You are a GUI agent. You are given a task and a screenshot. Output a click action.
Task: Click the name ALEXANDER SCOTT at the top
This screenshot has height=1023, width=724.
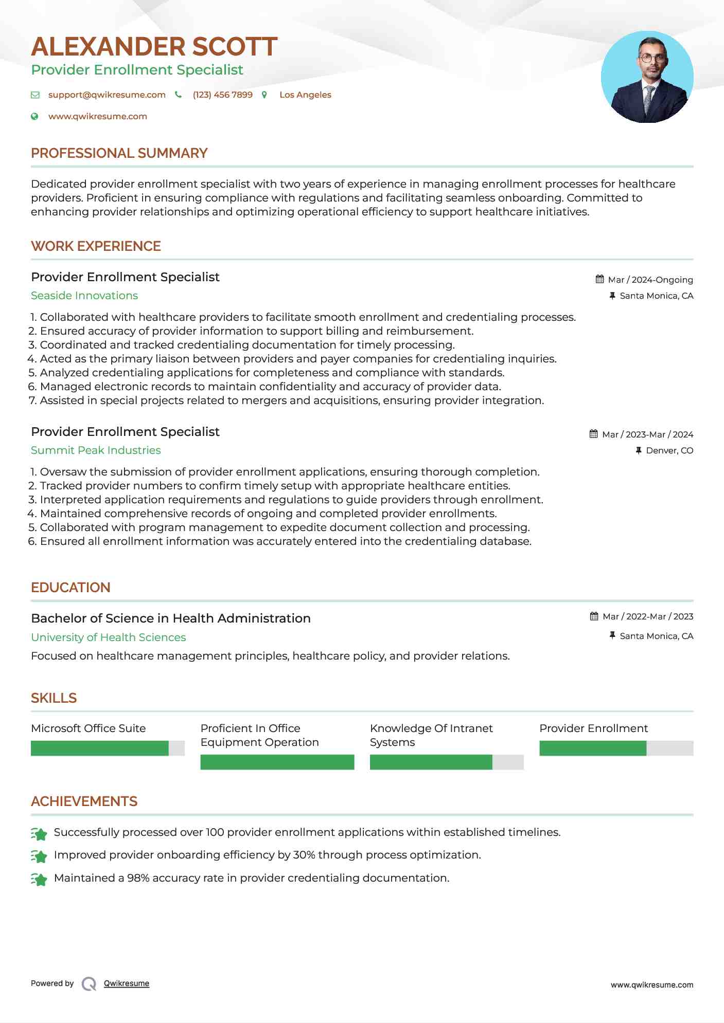[x=154, y=47]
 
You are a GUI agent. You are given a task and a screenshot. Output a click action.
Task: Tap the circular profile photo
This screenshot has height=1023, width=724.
[x=647, y=77]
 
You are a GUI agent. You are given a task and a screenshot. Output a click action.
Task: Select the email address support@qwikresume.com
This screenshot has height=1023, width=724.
[x=107, y=95]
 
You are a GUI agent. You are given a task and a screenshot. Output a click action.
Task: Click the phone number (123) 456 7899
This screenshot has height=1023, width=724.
[x=222, y=95]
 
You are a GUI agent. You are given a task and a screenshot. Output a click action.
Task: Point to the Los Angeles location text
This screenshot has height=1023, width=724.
[x=305, y=95]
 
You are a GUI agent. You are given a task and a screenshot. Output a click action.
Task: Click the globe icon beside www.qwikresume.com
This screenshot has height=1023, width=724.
[x=35, y=117]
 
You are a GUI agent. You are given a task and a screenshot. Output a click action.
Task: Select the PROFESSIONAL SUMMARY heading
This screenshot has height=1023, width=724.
[x=119, y=153]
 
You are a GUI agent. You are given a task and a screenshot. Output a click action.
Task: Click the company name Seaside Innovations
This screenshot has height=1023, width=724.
[x=84, y=296]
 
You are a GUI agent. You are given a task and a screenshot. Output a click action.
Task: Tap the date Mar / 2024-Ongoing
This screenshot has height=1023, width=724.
[x=650, y=280]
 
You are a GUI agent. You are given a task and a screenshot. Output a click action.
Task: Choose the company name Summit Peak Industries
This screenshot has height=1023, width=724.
[x=96, y=450]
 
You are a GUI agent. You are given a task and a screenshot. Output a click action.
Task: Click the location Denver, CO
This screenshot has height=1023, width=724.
[x=669, y=451]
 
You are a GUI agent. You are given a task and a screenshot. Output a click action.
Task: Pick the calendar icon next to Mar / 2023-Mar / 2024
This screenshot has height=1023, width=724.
[x=594, y=434]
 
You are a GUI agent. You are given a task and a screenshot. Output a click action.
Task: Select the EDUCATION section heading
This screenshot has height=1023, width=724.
[x=70, y=588]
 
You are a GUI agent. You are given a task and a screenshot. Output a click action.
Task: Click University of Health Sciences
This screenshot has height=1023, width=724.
[x=108, y=637]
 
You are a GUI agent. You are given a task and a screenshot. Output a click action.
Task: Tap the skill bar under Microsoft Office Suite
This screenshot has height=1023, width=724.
[x=108, y=748]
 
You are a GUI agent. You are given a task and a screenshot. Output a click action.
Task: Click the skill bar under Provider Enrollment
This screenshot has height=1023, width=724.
[x=616, y=748]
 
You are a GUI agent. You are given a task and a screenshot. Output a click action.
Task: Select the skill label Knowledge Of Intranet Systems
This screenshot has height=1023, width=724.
[x=431, y=735]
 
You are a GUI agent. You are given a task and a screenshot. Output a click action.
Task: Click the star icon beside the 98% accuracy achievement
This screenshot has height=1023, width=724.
[x=39, y=879]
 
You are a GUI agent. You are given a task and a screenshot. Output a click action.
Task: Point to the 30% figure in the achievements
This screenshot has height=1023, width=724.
[x=304, y=855]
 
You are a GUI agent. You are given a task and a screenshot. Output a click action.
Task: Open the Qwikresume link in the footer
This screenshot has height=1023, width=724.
[x=126, y=983]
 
